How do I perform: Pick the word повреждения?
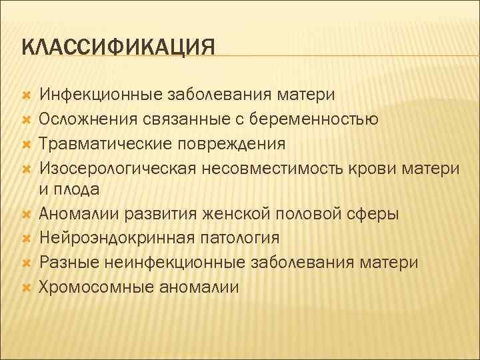(227, 143)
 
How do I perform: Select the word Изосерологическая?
(114, 167)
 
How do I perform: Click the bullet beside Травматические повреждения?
(27, 144)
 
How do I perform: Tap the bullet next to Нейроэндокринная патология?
(27, 239)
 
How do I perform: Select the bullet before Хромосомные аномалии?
(27, 287)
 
